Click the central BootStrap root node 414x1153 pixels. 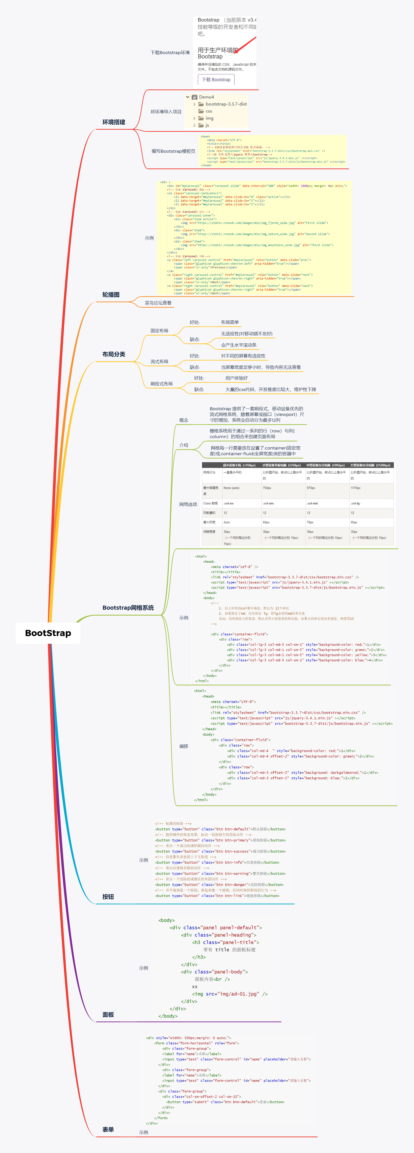pyautogui.click(x=48, y=633)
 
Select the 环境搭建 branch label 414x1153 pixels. pyautogui.click(x=113, y=122)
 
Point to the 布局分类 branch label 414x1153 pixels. pyautogui.click(x=113, y=354)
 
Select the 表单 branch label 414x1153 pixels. pyautogui.click(x=108, y=1129)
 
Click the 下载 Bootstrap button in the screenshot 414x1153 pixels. pyautogui.click(x=216, y=80)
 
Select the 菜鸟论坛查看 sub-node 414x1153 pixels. pyautogui.click(x=158, y=303)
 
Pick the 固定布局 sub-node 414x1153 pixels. pyautogui.click(x=159, y=331)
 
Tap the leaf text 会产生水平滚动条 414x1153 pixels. pyautogui.click(x=239, y=345)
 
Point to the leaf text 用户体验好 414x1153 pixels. pyautogui.click(x=236, y=378)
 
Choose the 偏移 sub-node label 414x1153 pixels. pyautogui.click(x=184, y=746)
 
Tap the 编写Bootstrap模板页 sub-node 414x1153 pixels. pyautogui.click(x=173, y=151)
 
